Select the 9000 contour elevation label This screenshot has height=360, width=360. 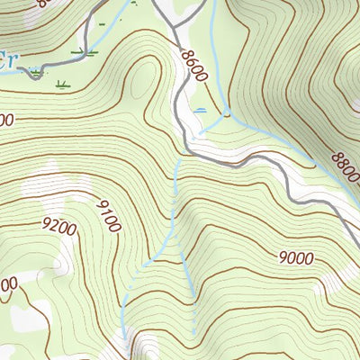[295, 258]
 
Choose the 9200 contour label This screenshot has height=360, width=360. [58, 228]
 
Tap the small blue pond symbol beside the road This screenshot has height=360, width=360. [199, 110]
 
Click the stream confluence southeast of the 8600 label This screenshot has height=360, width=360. [225, 115]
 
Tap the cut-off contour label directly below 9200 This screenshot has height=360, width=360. [7, 285]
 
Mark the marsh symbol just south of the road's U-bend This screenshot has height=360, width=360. [61, 85]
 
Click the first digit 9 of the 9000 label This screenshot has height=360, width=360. [283, 258]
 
